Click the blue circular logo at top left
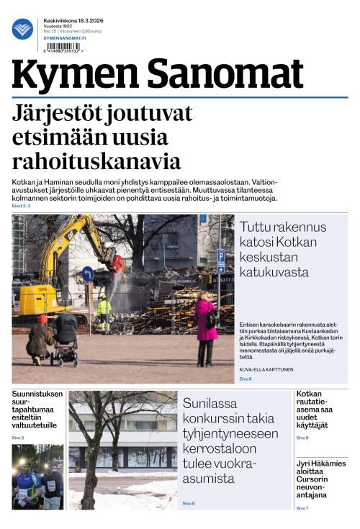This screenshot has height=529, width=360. [x=22, y=29]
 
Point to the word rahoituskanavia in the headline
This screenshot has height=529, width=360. [x=96, y=160]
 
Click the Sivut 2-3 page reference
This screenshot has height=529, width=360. [x=22, y=207]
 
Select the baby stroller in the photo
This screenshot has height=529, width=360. [x=66, y=338]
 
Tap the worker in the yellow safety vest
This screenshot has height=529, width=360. [x=104, y=312]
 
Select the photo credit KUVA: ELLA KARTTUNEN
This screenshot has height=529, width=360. [x=266, y=369]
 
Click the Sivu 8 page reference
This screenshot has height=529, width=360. [x=189, y=503]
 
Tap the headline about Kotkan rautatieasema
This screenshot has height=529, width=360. [x=312, y=410]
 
